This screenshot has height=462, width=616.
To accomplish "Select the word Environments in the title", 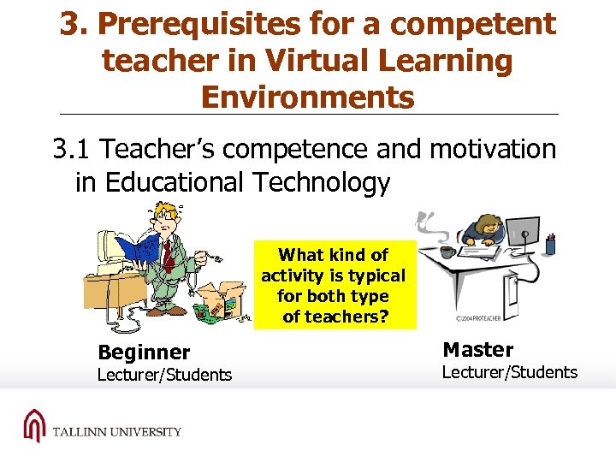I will coord(307,97).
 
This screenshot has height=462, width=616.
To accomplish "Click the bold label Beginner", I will coord(144,352).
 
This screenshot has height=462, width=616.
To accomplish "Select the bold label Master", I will coord(477,349).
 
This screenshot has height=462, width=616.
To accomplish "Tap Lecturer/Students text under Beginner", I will coord(164,375).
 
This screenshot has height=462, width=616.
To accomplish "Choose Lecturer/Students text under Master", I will coord(509,372).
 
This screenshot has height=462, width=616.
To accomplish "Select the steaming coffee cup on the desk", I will coord(447,251).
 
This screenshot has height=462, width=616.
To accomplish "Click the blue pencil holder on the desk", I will coord(550,246).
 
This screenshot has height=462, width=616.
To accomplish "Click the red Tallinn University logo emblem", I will coord(33,425).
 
